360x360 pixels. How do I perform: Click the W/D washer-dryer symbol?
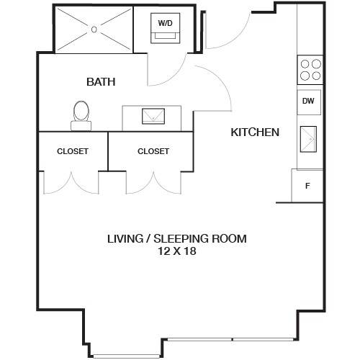tap(166, 28)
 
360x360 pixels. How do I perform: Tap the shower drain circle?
tap(94, 30)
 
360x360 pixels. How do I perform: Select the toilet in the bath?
tap(81, 116)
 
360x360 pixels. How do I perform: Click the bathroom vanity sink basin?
tap(153, 117)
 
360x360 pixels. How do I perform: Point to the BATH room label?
tap(101, 82)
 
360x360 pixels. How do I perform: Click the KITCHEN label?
tap(255, 132)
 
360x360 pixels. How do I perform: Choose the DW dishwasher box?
tap(309, 102)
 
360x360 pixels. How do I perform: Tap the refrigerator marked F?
tap(307, 186)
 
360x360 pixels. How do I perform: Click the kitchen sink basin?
tap(308, 139)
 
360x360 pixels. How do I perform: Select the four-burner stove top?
tap(310, 70)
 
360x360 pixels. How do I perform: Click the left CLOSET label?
tap(73, 151)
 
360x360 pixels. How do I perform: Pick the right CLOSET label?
tap(153, 151)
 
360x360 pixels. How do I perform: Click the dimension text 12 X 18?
tap(177, 251)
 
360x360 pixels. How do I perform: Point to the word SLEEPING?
tap(180, 239)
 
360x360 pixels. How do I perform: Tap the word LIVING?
tap(125, 239)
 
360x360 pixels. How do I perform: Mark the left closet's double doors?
tap(71, 183)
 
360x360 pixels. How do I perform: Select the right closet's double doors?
tap(153, 183)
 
